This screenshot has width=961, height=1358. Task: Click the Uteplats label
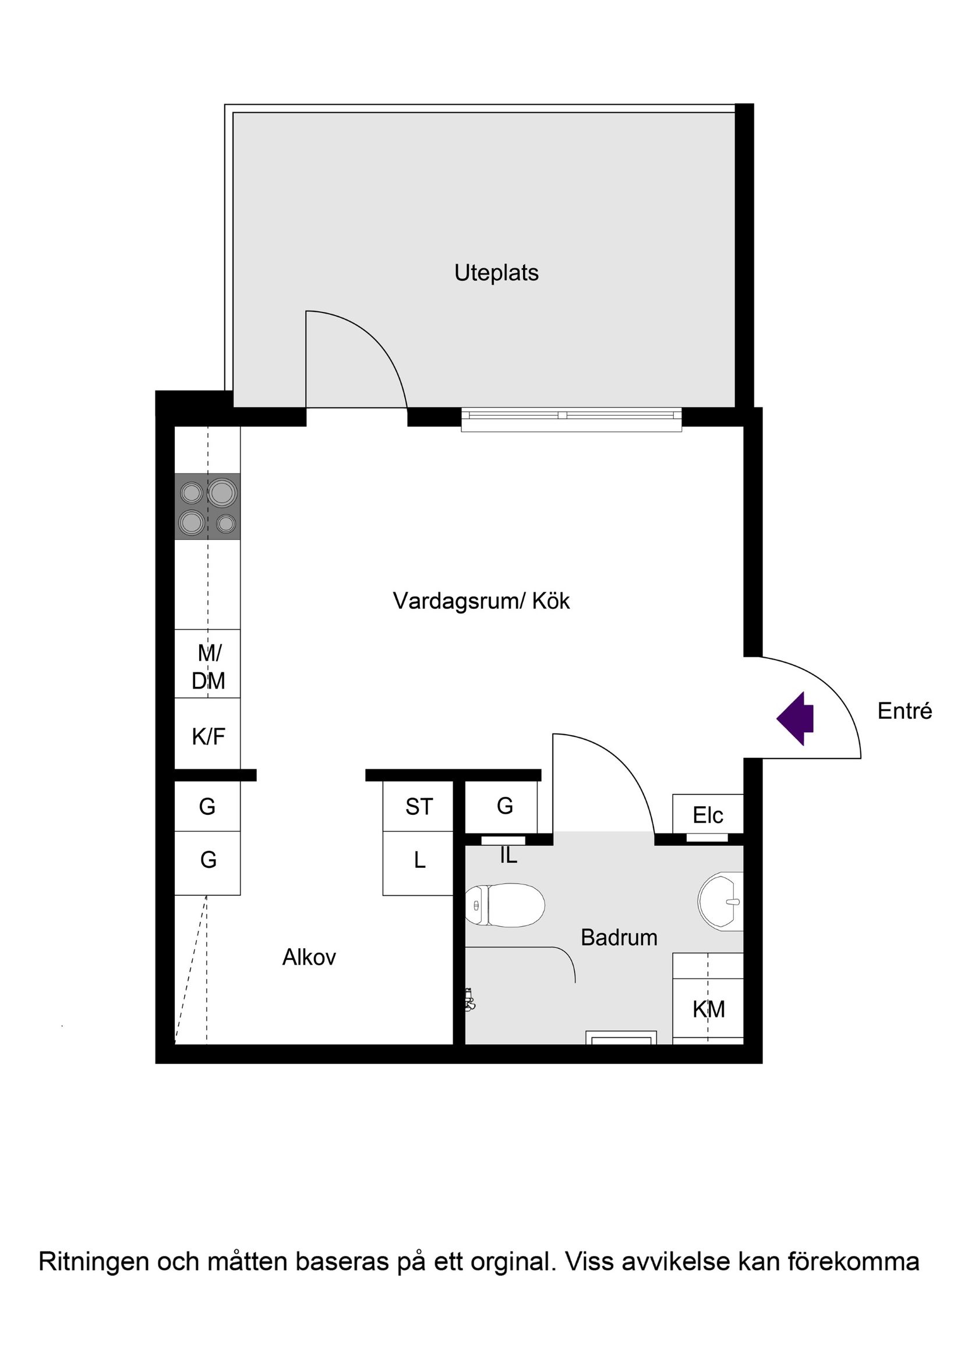(x=496, y=273)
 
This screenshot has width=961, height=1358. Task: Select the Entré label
(x=904, y=711)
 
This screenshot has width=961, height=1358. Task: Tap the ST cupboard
(x=418, y=807)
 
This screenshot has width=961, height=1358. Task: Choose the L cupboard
(x=418, y=861)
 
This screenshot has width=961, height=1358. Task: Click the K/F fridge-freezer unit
(x=208, y=736)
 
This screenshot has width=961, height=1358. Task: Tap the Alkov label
(x=309, y=958)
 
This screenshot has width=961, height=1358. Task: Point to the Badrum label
(x=619, y=938)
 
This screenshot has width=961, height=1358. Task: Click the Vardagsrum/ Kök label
(x=481, y=601)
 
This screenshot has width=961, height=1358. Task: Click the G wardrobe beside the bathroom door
(x=504, y=806)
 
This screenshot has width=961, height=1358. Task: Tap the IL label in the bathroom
(x=508, y=856)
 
